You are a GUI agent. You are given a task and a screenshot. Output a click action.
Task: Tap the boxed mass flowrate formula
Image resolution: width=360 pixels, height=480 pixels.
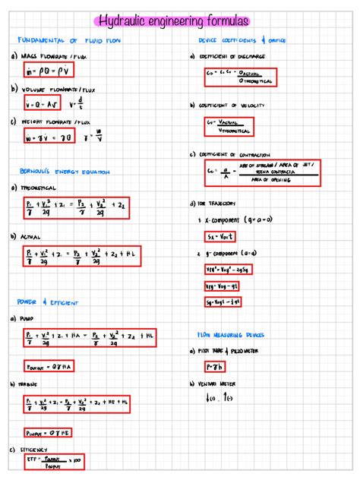[46, 71]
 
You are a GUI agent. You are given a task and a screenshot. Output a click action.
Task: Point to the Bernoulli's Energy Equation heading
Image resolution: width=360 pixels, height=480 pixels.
[60, 172]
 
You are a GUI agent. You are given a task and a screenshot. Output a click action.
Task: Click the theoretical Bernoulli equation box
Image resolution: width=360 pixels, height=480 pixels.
[74, 208]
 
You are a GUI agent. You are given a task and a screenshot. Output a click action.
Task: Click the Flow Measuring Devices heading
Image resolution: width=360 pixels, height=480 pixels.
[231, 333]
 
